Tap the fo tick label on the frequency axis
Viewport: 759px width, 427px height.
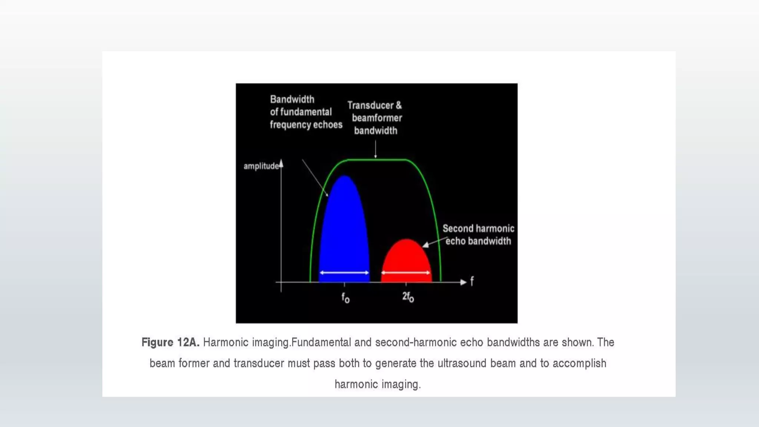tap(345, 298)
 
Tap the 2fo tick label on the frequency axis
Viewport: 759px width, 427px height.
tap(408, 297)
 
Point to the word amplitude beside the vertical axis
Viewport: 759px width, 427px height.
tap(261, 166)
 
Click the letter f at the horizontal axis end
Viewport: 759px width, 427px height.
tap(472, 281)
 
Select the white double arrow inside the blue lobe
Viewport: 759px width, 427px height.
tap(344, 273)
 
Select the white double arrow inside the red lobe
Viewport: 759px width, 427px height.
tap(406, 273)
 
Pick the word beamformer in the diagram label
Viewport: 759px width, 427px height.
tap(377, 118)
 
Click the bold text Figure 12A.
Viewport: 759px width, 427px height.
tap(170, 342)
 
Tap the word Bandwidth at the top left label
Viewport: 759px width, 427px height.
tap(292, 99)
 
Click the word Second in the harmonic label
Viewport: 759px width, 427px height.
tap(457, 228)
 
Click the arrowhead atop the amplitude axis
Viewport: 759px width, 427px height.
tap(281, 163)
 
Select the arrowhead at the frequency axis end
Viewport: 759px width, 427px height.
tap(463, 282)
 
